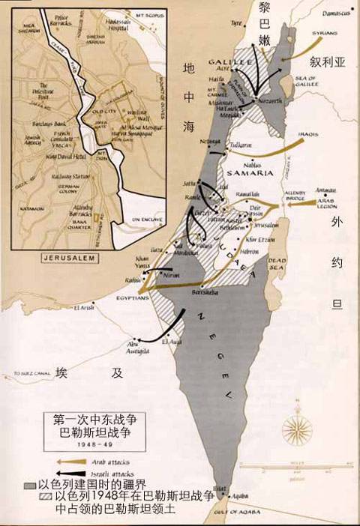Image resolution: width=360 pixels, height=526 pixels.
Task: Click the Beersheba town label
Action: point(205,291)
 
